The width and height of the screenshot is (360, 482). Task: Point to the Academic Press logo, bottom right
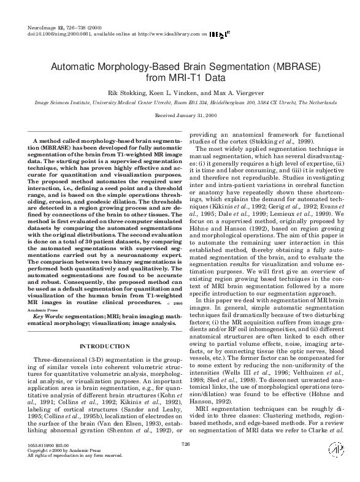click(x=335, y=465)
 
